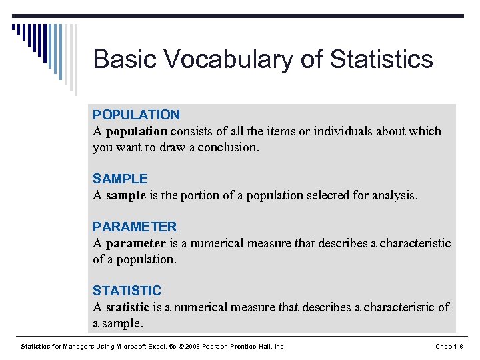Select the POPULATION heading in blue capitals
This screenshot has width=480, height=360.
pos(136,115)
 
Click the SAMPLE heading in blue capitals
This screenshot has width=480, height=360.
pos(120,179)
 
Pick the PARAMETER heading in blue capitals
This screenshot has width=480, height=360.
pos(135,227)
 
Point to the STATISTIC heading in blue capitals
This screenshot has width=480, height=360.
pos(127,291)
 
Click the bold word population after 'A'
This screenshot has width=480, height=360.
pos(137,131)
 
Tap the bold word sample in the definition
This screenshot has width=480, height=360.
pos(127,195)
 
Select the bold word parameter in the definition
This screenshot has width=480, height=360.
pos(135,243)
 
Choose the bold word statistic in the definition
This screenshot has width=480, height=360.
pos(128,307)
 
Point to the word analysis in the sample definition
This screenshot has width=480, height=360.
pos(395,195)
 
